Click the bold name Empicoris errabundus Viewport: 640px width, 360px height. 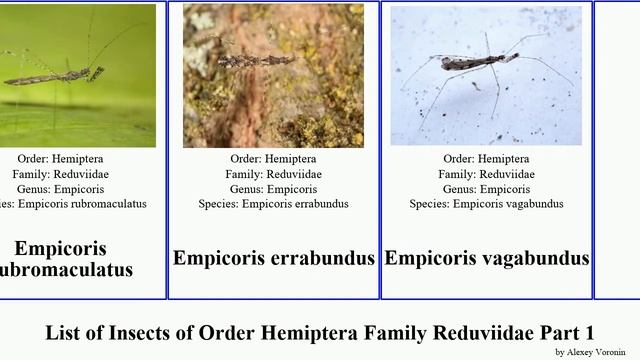(273, 258)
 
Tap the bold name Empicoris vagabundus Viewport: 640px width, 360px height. (487, 258)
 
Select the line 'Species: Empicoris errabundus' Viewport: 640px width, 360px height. (273, 204)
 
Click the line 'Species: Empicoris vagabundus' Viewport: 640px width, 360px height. (487, 204)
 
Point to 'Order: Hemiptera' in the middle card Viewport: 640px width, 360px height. (273, 159)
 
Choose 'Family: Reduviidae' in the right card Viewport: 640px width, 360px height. (487, 174)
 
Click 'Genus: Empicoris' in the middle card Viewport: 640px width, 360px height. (273, 189)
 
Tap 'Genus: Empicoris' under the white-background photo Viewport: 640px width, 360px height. (487, 189)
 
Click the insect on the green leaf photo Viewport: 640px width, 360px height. (55, 74)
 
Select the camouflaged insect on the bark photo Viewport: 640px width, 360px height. (255, 60)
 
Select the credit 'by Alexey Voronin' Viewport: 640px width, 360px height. (590, 352)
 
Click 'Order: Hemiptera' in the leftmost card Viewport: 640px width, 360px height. (60, 159)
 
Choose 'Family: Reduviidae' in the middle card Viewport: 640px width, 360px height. (273, 174)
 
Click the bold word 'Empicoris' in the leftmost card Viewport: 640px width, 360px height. (60, 248)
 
